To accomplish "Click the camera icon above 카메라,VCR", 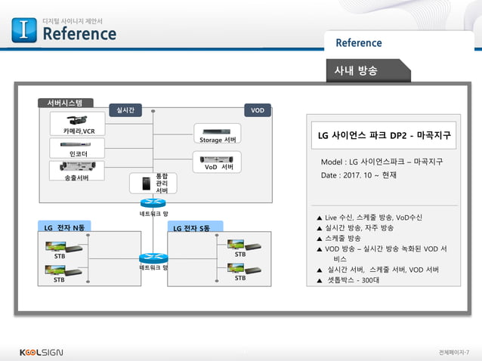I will coord(79,120).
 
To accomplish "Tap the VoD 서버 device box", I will coord(217,161).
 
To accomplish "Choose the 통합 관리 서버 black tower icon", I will coord(141,184).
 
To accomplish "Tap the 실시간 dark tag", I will coord(122,110).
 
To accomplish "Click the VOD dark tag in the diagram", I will coord(257,110).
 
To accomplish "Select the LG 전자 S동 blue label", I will coord(193,227).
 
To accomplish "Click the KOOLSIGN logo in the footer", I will coord(42,352).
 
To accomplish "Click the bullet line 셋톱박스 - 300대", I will coord(353,280).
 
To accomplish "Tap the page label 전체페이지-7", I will coord(456,353).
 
